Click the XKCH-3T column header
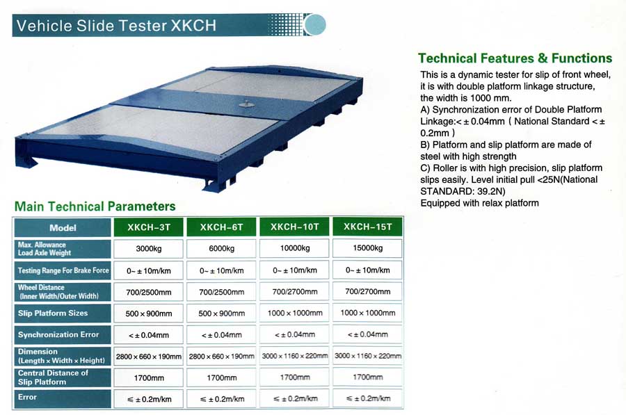pyautogui.click(x=149, y=227)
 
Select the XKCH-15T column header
pyautogui.click(x=368, y=227)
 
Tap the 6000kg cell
pyautogui.click(x=222, y=249)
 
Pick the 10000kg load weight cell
pyautogui.click(x=295, y=248)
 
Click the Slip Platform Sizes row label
pyautogui.click(x=63, y=314)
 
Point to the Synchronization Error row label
pyautogui.click(x=63, y=335)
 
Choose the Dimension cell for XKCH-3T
pyautogui.click(x=149, y=357)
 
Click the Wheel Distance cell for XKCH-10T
pyautogui.click(x=295, y=292)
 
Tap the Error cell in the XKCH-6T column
pyautogui.click(x=222, y=399)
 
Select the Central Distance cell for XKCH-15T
pyautogui.click(x=368, y=377)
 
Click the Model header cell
pyautogui.click(x=63, y=228)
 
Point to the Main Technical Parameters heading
pyautogui.click(x=95, y=206)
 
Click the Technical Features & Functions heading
pyautogui.click(x=515, y=58)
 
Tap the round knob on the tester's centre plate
pyautogui.click(x=246, y=104)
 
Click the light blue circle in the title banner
pyautogui.click(x=315, y=25)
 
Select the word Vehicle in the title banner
pyautogui.click(x=44, y=26)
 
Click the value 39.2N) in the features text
pyautogui.click(x=492, y=191)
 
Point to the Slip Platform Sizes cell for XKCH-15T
pyautogui.click(x=368, y=313)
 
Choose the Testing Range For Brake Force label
pyautogui.click(x=63, y=270)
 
